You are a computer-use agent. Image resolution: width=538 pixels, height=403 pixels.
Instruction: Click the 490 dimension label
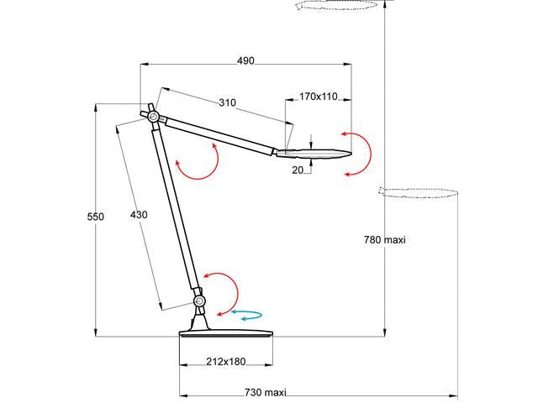[x=245, y=60]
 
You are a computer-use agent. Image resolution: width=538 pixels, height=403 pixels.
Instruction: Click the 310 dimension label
[x=227, y=102]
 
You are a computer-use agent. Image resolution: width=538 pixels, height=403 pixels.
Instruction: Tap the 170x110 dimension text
[x=318, y=97]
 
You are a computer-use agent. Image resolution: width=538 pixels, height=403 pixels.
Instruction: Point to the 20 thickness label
[x=298, y=170]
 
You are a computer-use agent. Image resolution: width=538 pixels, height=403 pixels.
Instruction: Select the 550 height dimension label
[x=96, y=217]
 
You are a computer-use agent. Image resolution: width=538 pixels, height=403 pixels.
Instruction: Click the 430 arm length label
[x=139, y=215]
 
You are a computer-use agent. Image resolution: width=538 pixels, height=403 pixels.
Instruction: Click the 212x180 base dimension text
[x=226, y=362]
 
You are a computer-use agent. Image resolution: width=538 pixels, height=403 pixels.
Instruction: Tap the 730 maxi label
[x=264, y=393]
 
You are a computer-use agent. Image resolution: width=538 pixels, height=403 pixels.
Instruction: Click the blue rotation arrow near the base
[x=247, y=316]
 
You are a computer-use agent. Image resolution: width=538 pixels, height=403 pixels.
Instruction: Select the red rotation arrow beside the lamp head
[x=359, y=153]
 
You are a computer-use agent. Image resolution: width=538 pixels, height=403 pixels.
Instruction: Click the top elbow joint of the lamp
[x=152, y=117]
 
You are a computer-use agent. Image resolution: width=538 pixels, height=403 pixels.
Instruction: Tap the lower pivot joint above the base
[x=199, y=301]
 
